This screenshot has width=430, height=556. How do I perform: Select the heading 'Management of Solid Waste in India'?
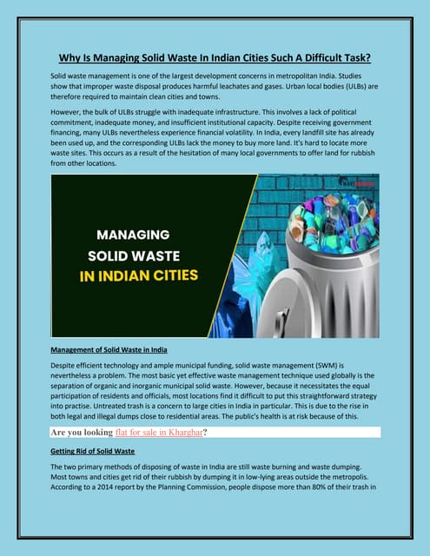click(x=109, y=349)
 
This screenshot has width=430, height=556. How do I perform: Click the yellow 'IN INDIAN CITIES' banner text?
click(x=141, y=277)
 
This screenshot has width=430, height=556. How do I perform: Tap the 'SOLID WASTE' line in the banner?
click(x=136, y=256)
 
